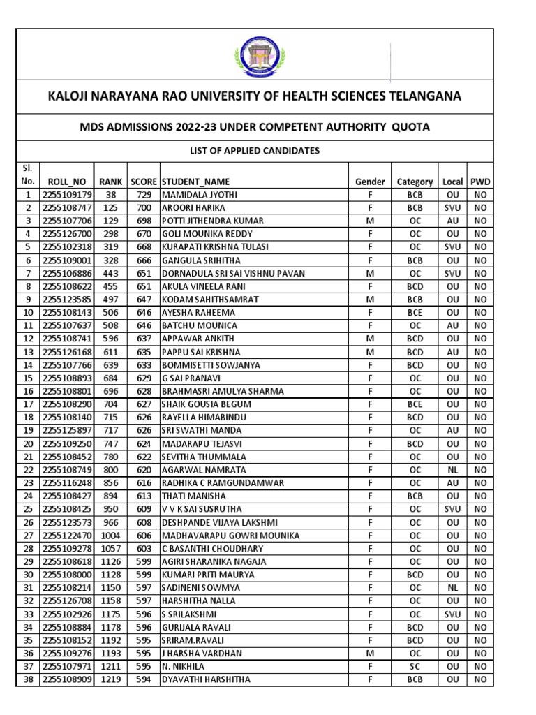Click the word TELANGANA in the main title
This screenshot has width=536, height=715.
click(420, 96)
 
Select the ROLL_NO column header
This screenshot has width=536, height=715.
click(64, 182)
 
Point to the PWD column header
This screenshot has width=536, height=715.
click(480, 182)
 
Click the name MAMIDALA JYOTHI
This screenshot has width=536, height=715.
click(199, 195)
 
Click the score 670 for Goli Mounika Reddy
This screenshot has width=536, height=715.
click(144, 234)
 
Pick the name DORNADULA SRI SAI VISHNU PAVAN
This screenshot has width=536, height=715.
click(233, 273)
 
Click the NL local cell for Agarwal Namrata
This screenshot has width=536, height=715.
click(452, 470)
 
